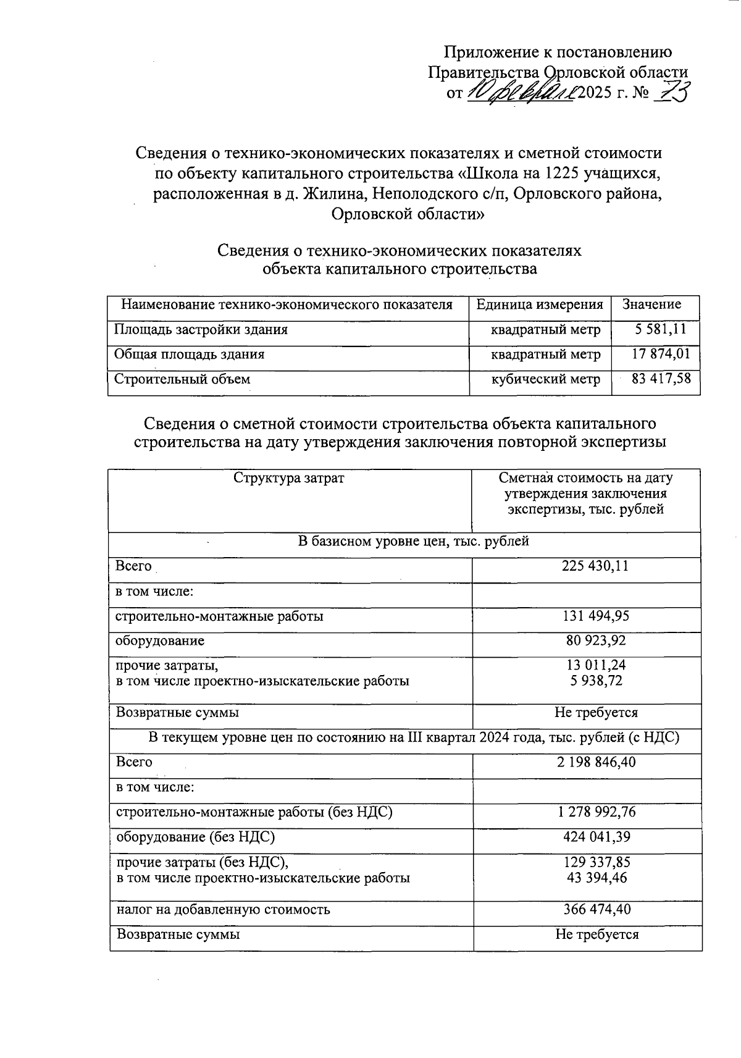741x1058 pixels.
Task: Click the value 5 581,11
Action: [661, 330]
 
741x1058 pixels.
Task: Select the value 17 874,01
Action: [661, 355]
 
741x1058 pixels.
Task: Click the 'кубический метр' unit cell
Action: [545, 379]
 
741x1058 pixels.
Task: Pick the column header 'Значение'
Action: [651, 304]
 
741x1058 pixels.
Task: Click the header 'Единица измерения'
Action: [540, 304]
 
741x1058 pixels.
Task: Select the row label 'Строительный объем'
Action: [182, 379]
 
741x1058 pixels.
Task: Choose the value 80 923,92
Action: [596, 641]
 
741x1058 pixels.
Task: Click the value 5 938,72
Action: [596, 681]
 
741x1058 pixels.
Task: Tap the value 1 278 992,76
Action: [596, 812]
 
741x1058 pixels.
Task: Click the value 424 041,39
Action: [596, 838]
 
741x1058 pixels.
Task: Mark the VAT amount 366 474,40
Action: [597, 910]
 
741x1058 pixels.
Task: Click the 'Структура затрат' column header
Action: [288, 479]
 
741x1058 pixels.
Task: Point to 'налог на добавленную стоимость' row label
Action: [224, 910]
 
